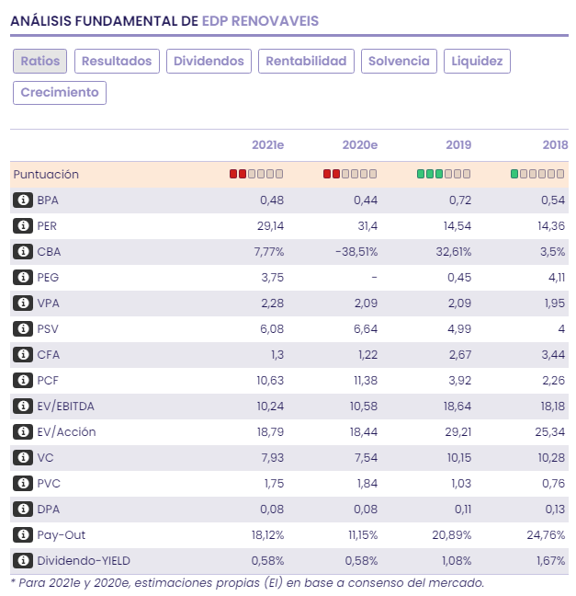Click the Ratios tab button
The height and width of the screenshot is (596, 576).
(x=40, y=62)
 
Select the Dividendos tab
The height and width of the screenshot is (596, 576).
(x=209, y=62)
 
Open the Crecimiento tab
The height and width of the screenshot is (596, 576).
(x=59, y=93)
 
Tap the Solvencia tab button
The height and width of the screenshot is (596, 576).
(x=399, y=62)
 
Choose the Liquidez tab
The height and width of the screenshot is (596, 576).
(x=476, y=62)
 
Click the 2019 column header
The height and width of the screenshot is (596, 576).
(x=457, y=145)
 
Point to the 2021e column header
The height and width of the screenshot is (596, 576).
(x=267, y=145)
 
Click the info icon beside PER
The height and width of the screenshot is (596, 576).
(x=23, y=226)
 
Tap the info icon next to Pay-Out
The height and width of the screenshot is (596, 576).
(x=23, y=535)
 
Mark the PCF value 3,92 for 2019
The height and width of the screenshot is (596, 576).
(x=457, y=381)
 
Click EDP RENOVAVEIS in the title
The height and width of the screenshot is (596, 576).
(x=261, y=19)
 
